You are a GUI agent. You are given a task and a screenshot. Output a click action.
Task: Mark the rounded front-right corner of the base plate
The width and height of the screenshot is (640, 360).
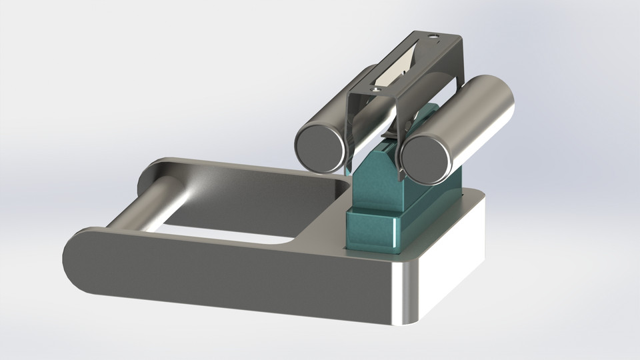[x=407, y=293]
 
